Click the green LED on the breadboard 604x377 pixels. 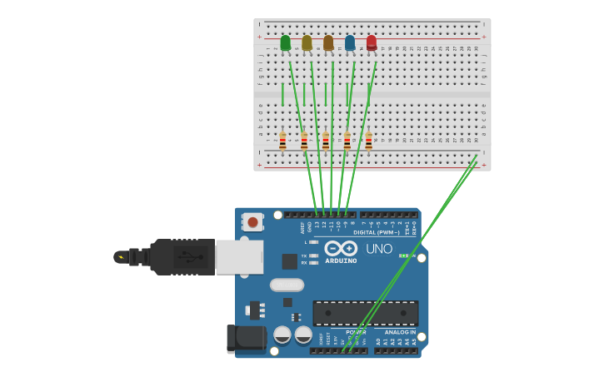286,42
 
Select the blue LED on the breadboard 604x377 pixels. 350,42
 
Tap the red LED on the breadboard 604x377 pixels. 372,42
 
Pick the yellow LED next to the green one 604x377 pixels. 307,42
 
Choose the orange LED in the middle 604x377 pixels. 328,42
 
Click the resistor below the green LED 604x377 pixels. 282,141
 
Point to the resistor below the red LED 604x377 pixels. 369,141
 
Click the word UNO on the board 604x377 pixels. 379,249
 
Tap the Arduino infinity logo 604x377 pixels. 341,248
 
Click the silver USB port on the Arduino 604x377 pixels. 239,257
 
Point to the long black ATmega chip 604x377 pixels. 365,313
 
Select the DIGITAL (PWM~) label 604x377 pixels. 376,232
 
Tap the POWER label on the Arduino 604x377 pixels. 356,332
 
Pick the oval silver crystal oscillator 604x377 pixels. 287,285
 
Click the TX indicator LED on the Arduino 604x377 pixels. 313,255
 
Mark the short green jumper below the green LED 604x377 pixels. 282,94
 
